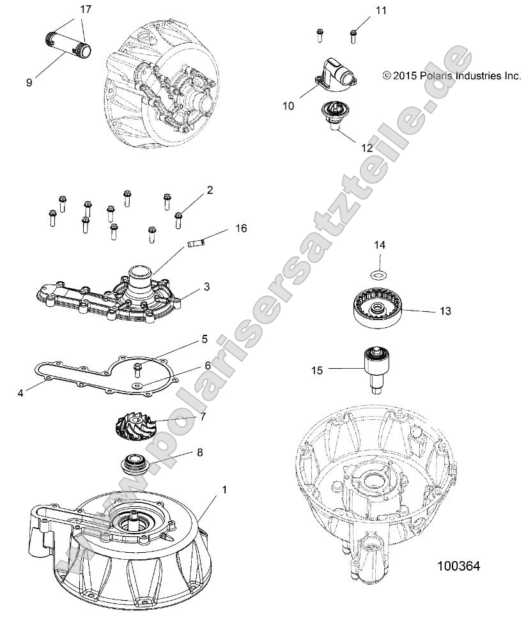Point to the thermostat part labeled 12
point(332,115)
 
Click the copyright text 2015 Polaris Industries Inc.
point(452,75)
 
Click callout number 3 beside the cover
point(206,288)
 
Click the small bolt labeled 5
point(137,368)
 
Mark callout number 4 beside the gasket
point(21,393)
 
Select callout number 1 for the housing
point(206,490)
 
